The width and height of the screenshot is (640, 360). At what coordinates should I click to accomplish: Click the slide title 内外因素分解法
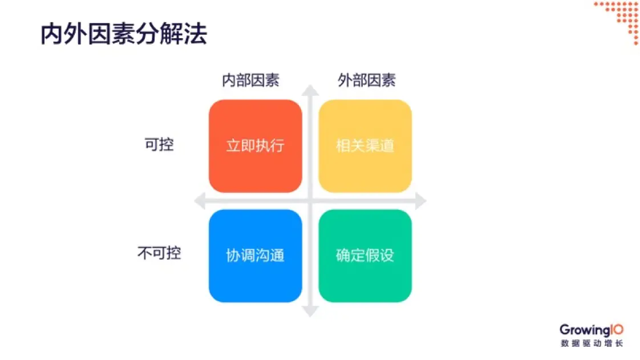[x=123, y=35]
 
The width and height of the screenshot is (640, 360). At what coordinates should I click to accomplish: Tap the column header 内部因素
[x=250, y=80]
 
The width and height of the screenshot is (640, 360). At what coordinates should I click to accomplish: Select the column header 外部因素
[x=366, y=80]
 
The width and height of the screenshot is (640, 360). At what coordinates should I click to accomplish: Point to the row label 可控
[x=159, y=145]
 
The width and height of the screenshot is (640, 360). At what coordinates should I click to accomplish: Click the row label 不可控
[x=159, y=253]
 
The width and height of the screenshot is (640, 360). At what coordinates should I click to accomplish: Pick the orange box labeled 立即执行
[x=255, y=146]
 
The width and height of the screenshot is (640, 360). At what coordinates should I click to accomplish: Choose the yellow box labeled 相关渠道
[x=365, y=146]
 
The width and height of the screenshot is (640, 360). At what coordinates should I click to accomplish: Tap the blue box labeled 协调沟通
[x=255, y=256]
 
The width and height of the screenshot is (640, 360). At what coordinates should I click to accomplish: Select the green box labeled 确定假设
[x=365, y=256]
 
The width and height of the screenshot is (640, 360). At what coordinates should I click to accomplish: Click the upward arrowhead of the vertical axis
[x=310, y=90]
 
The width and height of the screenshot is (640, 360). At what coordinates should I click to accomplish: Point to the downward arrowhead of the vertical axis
[x=310, y=311]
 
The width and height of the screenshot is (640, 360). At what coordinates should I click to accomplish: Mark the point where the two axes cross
[x=310, y=201]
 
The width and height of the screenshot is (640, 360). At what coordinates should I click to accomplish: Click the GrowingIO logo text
[x=591, y=330]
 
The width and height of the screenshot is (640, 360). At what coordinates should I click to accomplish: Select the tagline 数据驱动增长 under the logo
[x=592, y=343]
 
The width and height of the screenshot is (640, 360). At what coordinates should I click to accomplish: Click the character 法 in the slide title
[x=195, y=35]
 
